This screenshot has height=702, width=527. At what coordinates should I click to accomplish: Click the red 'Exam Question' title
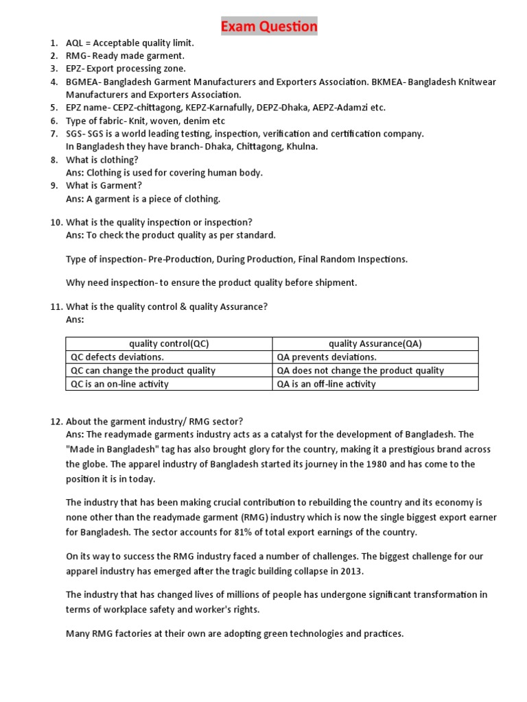tap(268, 27)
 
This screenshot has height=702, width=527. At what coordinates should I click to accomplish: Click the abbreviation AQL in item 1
tap(75, 43)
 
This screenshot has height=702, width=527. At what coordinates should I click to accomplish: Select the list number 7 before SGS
tap(54, 134)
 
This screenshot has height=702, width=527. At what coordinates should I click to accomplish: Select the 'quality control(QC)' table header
tap(169, 344)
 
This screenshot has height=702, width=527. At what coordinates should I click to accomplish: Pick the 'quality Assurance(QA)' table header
tap(375, 344)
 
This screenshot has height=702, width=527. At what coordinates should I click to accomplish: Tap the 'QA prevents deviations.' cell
tap(327, 357)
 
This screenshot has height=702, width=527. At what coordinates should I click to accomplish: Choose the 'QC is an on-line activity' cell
tap(119, 384)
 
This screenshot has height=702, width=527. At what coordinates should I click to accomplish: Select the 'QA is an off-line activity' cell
tap(326, 384)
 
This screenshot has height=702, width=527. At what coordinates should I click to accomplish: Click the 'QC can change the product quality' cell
tap(143, 370)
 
